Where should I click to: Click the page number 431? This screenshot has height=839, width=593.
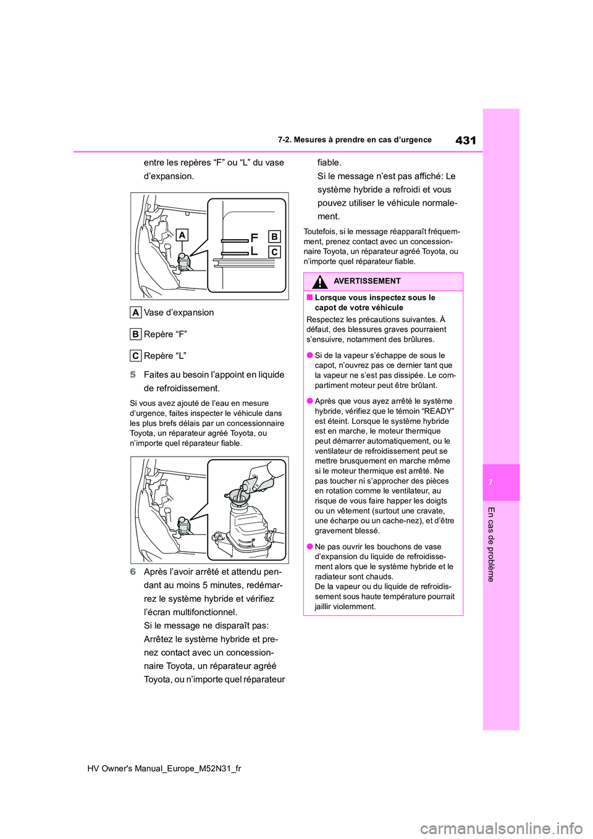pyautogui.click(x=465, y=140)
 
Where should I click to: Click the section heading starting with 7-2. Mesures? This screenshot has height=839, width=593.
pyautogui.click(x=354, y=140)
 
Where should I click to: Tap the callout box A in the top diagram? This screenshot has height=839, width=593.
pyautogui.click(x=182, y=235)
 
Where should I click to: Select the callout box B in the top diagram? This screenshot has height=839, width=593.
pyautogui.click(x=274, y=236)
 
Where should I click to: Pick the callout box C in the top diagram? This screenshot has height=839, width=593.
pyautogui.click(x=274, y=251)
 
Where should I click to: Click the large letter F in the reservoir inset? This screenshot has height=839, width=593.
pyautogui.click(x=254, y=237)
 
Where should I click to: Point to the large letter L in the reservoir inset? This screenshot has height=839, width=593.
pyautogui.click(x=254, y=251)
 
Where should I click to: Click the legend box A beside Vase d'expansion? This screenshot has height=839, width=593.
pyautogui.click(x=135, y=313)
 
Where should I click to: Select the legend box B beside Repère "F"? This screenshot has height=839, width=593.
pyautogui.click(x=135, y=334)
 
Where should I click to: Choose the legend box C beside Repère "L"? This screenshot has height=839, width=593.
pyautogui.click(x=135, y=356)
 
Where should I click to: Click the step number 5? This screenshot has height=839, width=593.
pyautogui.click(x=133, y=375)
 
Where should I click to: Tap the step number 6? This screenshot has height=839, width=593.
pyautogui.click(x=133, y=572)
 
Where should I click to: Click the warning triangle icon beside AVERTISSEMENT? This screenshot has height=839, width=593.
pyautogui.click(x=319, y=282)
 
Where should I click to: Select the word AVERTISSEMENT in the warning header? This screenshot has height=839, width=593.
pyautogui.click(x=367, y=281)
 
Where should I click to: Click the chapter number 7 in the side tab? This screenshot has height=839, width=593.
pyautogui.click(x=490, y=482)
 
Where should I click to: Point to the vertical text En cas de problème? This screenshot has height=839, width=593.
pyautogui.click(x=491, y=544)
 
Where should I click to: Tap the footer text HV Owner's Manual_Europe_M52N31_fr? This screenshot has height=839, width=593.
pyautogui.click(x=164, y=768)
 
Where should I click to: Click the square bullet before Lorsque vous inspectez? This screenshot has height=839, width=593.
pyautogui.click(x=309, y=298)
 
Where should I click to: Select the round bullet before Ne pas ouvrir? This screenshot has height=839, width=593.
pyautogui.click(x=309, y=547)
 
